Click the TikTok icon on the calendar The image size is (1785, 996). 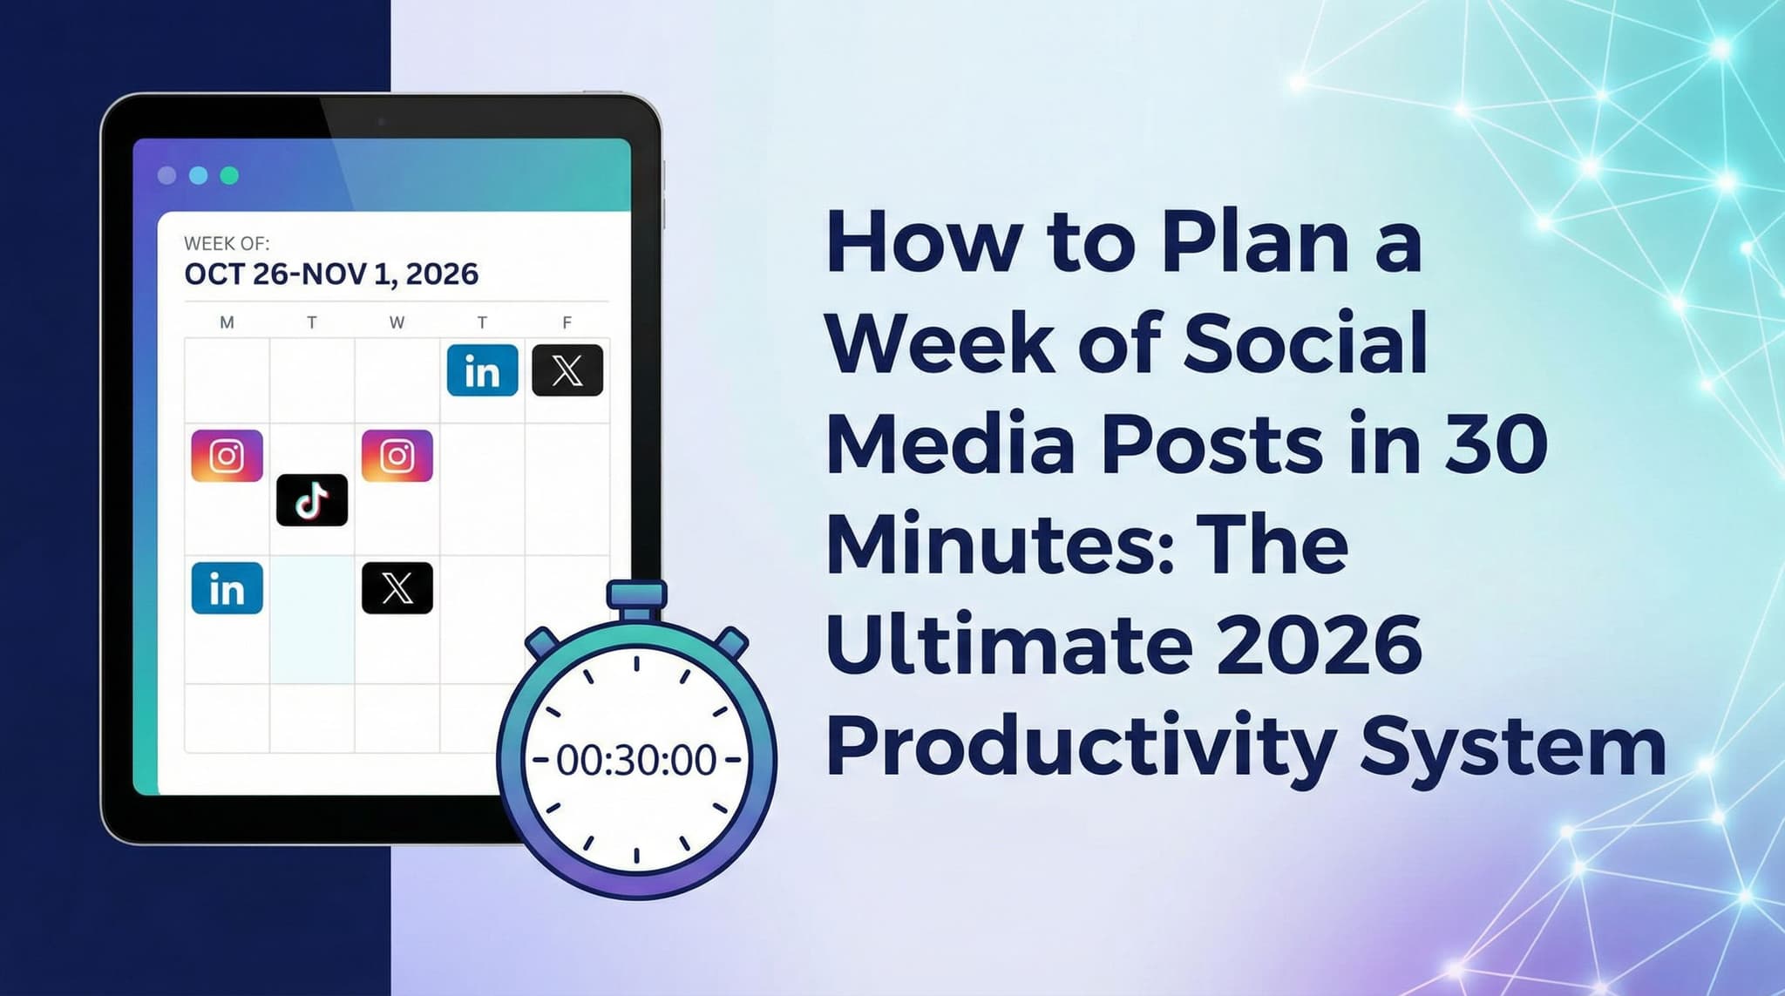(312, 500)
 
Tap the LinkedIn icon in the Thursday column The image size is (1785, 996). (482, 370)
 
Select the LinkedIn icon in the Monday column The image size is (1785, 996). (227, 588)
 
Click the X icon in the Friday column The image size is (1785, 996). (567, 370)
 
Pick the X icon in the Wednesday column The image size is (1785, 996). (397, 588)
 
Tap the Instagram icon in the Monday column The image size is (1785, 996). (227, 456)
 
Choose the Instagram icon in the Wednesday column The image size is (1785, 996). (397, 456)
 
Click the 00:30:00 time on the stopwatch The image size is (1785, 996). (636, 760)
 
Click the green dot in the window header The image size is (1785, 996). (229, 176)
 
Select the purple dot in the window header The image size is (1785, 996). (166, 176)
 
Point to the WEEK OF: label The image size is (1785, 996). (227, 244)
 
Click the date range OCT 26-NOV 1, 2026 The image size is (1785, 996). (331, 274)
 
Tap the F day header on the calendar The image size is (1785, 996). (567, 323)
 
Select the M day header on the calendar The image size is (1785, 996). (227, 323)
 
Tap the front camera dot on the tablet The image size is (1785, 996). (381, 122)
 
